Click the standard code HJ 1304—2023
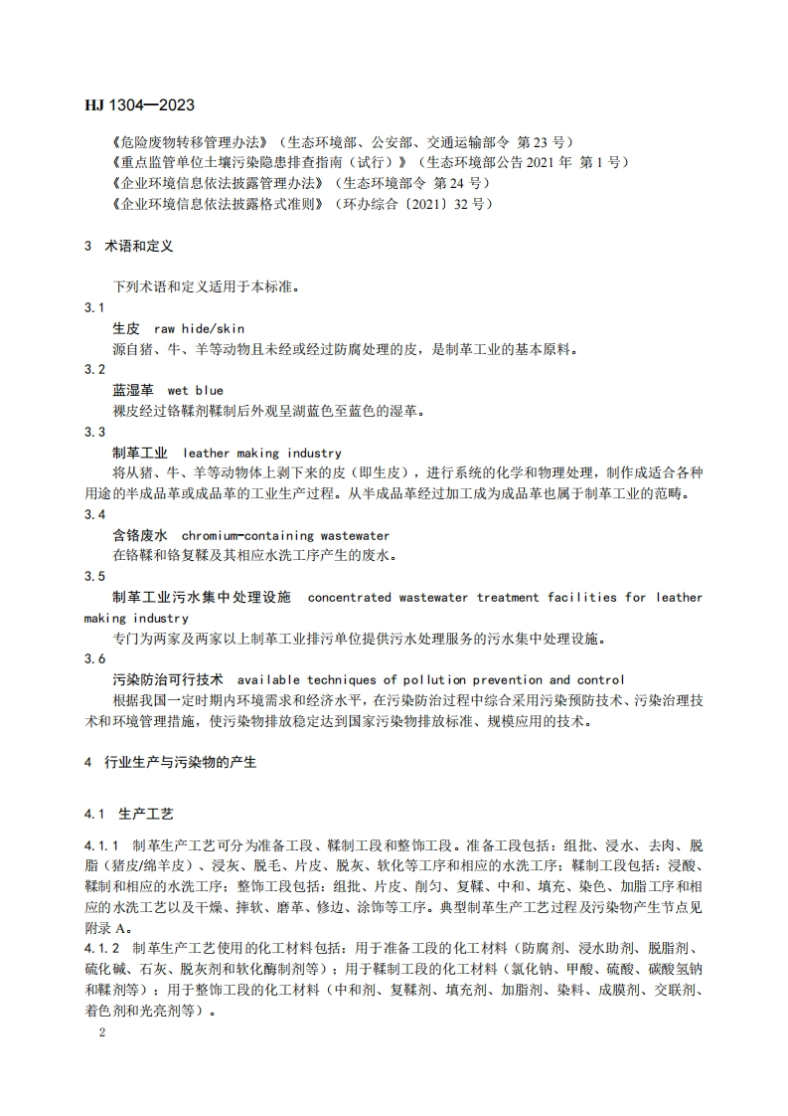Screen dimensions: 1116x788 tap(139, 104)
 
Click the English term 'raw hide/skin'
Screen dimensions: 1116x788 tap(200, 328)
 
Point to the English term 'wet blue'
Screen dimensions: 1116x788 tap(196, 390)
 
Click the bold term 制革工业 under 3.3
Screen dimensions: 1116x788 tap(140, 453)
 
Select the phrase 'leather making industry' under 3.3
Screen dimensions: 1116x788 tap(263, 453)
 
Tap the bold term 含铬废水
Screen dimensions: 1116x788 tap(140, 535)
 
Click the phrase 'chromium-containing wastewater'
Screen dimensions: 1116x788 tap(286, 535)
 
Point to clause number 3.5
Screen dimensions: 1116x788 tap(95, 576)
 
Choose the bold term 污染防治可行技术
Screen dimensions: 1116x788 tap(168, 679)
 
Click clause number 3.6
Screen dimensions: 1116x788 tap(95, 658)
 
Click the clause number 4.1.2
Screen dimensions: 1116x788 tap(103, 949)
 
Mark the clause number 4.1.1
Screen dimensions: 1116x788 tap(103, 845)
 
